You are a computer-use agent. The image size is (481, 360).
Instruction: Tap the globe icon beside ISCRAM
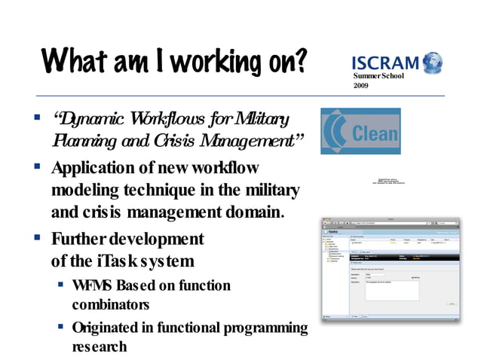click(432, 61)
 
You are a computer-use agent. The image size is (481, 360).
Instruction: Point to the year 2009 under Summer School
click(362, 87)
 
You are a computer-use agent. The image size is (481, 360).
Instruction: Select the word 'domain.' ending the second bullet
click(250, 212)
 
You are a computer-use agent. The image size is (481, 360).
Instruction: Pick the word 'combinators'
click(111, 305)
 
